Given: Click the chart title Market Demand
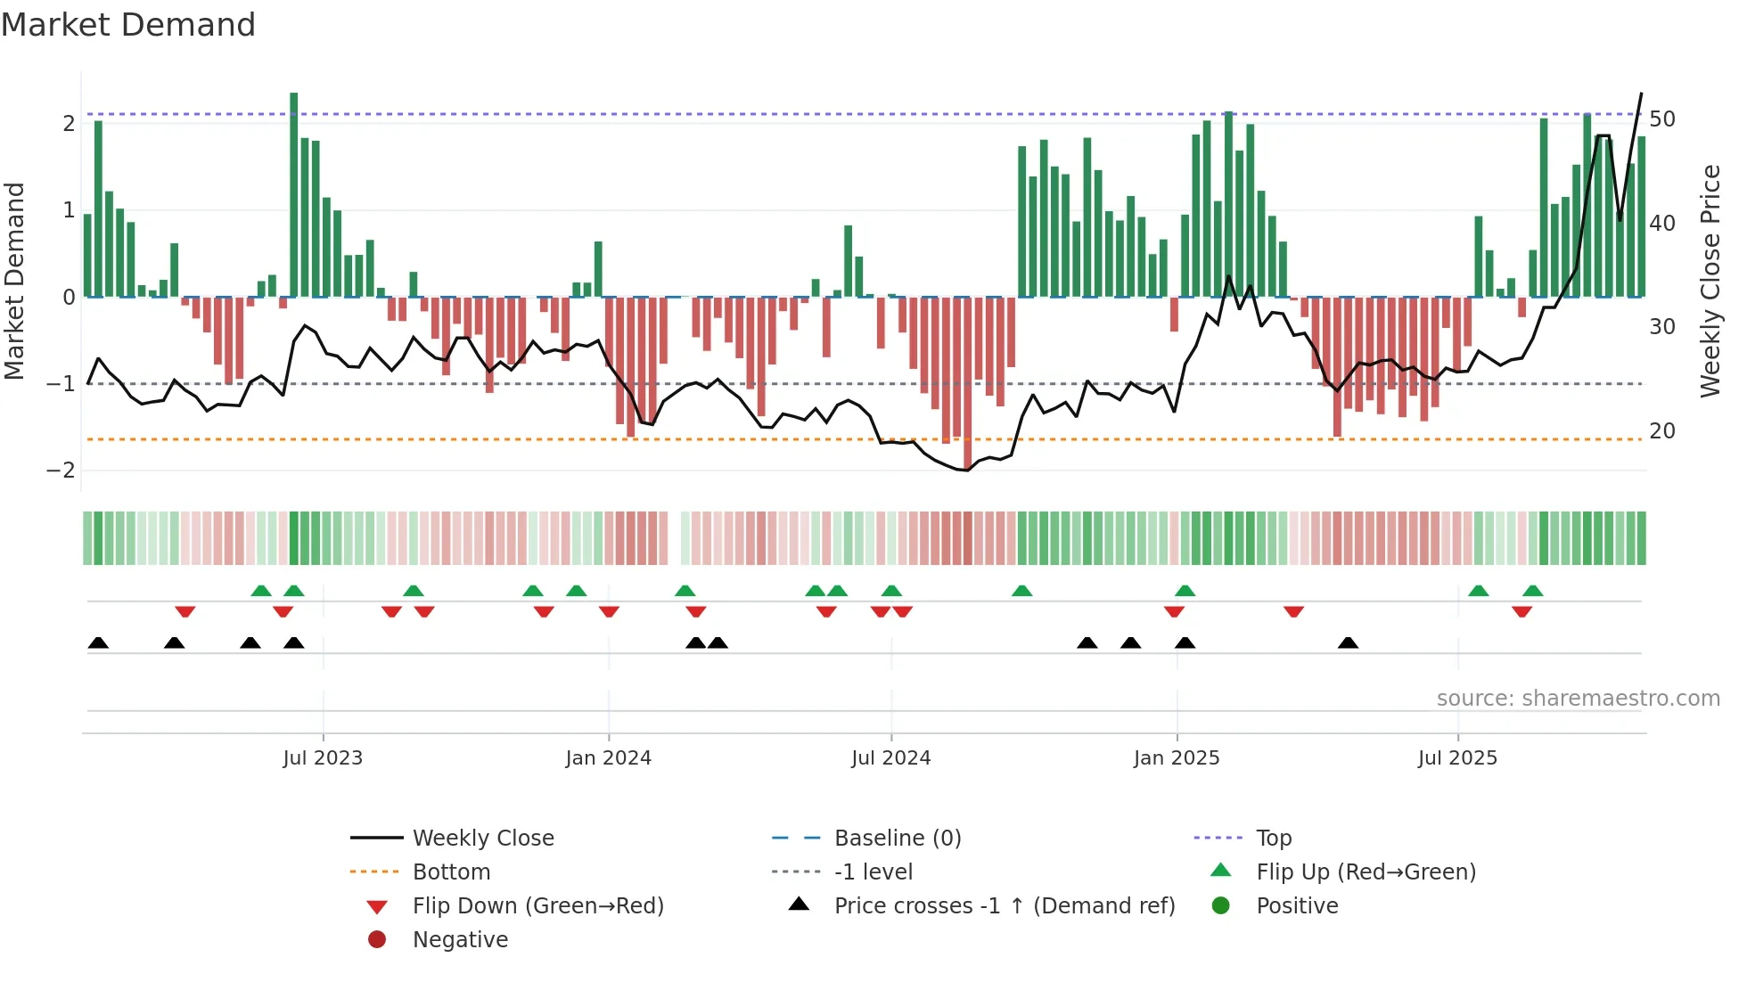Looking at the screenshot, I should point(128,25).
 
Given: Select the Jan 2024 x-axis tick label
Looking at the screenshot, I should point(608,758).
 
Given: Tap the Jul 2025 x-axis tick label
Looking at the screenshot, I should point(1457,758).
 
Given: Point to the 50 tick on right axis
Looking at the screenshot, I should point(1661,119).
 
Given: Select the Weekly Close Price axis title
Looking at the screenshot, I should point(1710,281).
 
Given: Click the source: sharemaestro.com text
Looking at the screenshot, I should point(1578,699).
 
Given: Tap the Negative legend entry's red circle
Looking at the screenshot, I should point(377,940).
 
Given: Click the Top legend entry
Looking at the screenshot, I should point(1273,839).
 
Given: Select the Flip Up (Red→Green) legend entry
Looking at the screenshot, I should point(1366,872).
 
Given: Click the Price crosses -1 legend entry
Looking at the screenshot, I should point(1004,906).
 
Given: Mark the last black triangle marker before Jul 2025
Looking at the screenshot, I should point(1348,643).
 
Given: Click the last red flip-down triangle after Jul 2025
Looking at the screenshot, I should point(1521,611).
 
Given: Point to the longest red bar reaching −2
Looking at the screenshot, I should point(968,383).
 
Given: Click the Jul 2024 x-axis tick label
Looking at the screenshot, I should point(890,758).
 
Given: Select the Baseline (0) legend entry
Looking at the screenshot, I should point(897,839).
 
